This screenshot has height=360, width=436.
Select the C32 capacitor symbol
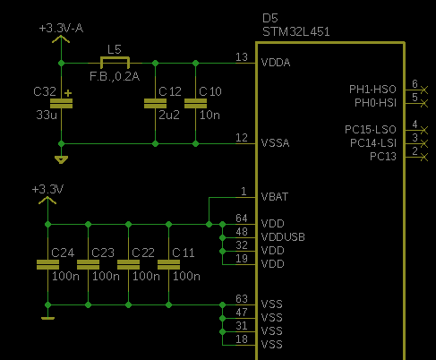[x=61, y=103]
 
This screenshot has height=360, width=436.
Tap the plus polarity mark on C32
[x=68, y=93]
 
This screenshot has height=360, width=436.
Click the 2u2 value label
[x=169, y=115]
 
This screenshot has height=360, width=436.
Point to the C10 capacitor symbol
[x=195, y=103]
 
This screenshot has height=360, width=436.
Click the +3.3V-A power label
[x=61, y=29]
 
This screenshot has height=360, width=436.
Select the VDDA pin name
[x=276, y=63]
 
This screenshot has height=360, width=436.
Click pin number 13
[x=242, y=57]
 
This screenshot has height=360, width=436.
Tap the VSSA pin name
[x=275, y=143]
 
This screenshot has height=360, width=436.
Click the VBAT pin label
[x=275, y=197]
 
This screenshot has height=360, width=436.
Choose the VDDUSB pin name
[x=283, y=237]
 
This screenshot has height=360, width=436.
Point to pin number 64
[x=242, y=219]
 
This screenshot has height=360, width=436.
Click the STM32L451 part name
[x=296, y=31]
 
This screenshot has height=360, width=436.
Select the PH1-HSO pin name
[x=372, y=90]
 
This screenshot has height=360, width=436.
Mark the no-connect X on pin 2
[x=424, y=157]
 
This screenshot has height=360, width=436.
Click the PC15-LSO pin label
[x=371, y=130]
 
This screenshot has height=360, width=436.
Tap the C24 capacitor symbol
[x=47, y=264]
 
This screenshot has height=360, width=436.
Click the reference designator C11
[x=184, y=253]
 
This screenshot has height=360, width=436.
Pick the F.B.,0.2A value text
[x=115, y=77]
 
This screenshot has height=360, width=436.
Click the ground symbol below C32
[x=61, y=159]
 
